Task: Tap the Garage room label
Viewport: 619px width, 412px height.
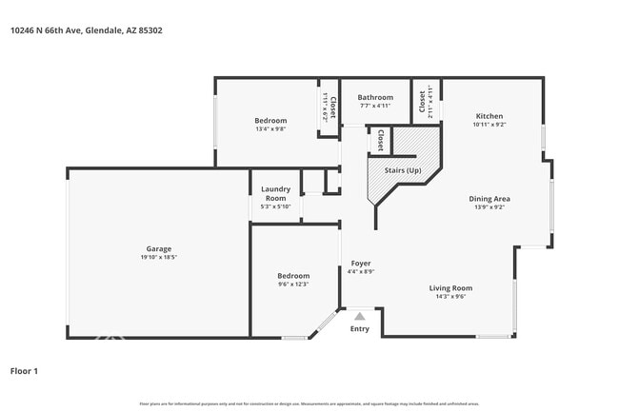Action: tap(159, 249)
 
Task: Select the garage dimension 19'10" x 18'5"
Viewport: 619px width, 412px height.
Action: tap(159, 258)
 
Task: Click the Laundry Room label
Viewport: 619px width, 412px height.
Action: tap(275, 193)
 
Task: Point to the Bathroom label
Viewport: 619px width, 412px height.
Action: tap(375, 97)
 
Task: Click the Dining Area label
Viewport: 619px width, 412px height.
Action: tap(489, 198)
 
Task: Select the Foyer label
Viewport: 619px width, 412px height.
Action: tap(361, 263)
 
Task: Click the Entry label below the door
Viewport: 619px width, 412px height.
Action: tap(359, 329)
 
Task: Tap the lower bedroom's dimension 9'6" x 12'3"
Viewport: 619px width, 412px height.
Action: tap(293, 284)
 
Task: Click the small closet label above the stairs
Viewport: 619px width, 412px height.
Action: tap(380, 140)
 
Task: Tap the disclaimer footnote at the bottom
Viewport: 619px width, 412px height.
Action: tap(309, 403)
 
